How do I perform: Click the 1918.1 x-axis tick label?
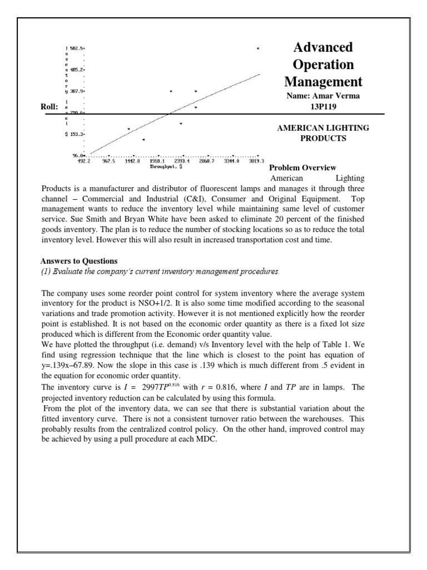click(158, 161)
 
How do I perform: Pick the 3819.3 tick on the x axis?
click(257, 161)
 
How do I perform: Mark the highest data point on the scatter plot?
click(257, 49)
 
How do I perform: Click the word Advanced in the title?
click(322, 47)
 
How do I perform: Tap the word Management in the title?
click(322, 82)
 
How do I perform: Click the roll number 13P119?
click(322, 106)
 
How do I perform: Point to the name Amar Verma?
click(336, 96)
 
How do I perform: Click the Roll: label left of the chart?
click(49, 107)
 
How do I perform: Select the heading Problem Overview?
click(302, 168)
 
